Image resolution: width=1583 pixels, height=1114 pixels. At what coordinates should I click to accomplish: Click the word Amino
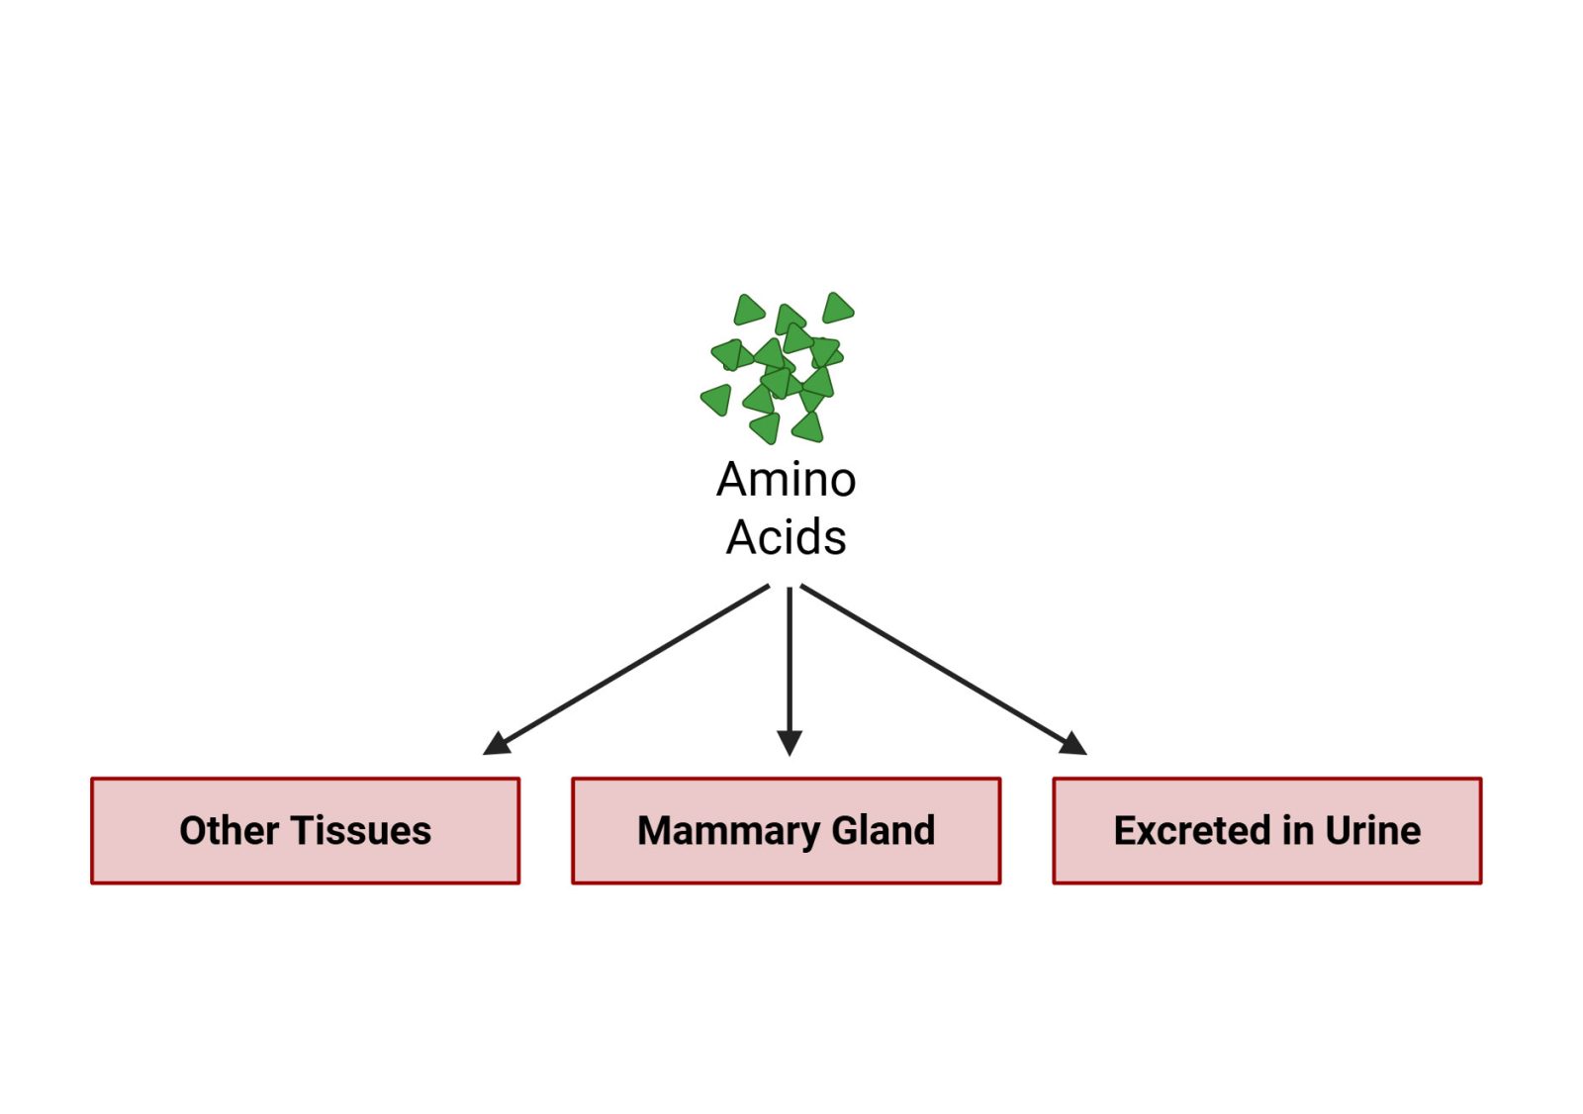tap(787, 480)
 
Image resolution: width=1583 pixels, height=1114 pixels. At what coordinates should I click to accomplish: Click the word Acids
tap(787, 538)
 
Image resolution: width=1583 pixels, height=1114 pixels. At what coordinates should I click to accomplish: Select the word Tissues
tap(361, 831)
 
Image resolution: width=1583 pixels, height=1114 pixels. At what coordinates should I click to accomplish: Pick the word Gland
tap(884, 831)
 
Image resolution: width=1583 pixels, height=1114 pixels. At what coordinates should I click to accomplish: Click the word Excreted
tap(1191, 831)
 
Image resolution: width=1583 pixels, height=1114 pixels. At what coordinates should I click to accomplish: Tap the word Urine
tap(1373, 831)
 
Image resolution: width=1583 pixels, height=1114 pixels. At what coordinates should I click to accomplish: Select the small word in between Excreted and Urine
tap(1297, 831)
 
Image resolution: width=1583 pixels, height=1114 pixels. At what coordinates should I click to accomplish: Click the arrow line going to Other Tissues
tap(633, 665)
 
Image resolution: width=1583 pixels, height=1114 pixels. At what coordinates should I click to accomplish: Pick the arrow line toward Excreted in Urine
tap(935, 664)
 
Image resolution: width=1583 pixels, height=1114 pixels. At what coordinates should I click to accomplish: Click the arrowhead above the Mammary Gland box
tap(790, 743)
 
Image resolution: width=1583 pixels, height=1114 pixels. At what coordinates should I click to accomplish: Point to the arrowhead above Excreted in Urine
tap(1073, 743)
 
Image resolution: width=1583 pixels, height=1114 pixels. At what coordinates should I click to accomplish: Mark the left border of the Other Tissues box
tap(92, 831)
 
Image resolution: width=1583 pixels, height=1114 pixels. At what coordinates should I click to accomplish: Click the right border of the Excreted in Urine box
tap(1480, 831)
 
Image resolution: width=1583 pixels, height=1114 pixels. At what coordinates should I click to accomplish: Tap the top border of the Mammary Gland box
tap(787, 780)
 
